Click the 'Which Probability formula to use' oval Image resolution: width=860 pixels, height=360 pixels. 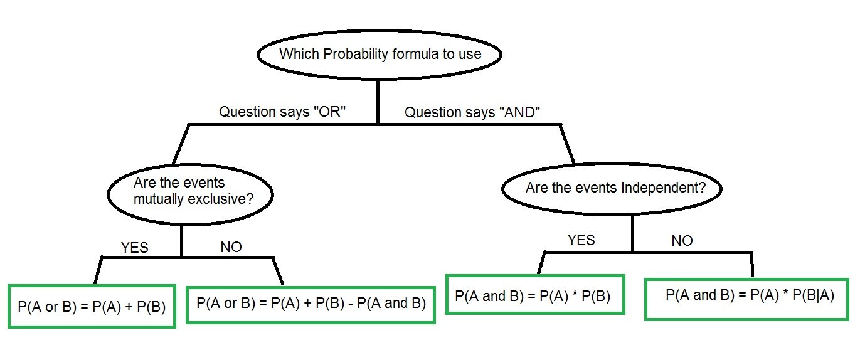[380, 54]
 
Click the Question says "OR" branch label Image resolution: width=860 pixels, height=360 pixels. [283, 112]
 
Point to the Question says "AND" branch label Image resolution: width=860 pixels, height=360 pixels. [472, 112]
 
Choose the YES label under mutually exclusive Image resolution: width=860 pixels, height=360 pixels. [134, 247]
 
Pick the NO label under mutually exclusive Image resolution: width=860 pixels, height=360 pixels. [231, 246]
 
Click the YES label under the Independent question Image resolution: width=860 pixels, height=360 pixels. [581, 240]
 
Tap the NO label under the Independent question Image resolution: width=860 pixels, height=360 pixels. [682, 241]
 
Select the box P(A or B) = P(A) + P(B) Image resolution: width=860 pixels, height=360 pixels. [92, 306]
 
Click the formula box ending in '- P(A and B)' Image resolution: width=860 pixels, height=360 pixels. [311, 304]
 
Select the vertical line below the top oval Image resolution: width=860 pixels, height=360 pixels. [378, 100]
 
